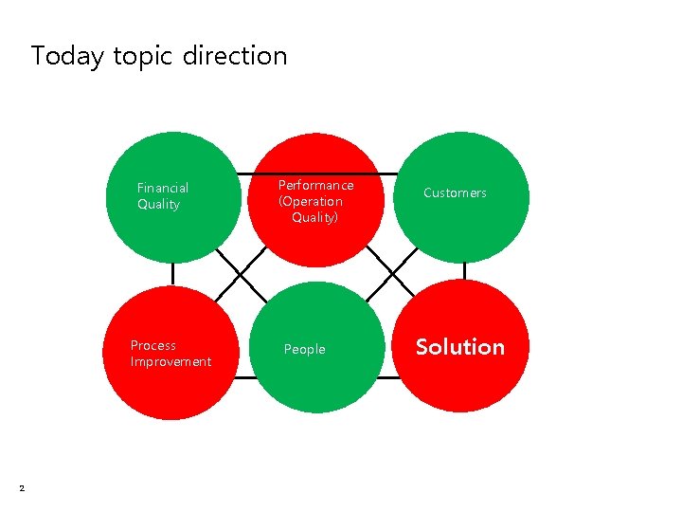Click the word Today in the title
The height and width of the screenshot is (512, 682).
point(66,57)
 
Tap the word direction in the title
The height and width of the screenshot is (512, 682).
point(234,56)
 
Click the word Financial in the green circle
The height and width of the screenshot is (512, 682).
point(163,188)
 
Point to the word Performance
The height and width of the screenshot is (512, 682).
point(315,185)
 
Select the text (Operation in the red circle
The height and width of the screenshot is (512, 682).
point(311,201)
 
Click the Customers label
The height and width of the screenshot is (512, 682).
point(455,192)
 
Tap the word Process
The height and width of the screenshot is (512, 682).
point(153,345)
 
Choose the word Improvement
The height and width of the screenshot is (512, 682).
point(170,361)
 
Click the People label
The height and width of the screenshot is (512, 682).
point(304,349)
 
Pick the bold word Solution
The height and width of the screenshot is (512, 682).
point(460,347)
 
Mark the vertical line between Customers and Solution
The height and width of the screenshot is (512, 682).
point(464,270)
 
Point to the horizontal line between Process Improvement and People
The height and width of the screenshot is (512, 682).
point(244,377)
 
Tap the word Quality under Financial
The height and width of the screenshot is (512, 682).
point(158,204)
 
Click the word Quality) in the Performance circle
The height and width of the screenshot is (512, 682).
point(314,217)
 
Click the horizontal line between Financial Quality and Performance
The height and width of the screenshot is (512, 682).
point(246,174)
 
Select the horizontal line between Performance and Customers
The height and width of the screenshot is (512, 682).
point(386,174)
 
